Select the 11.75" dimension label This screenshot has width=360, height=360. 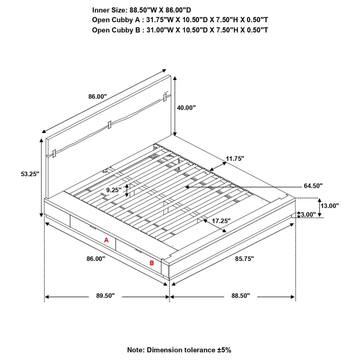coord(234,159)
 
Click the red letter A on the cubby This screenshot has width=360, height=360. coord(107,240)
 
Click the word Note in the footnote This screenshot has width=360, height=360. coord(135,350)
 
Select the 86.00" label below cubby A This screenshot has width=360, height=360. coord(96,259)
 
